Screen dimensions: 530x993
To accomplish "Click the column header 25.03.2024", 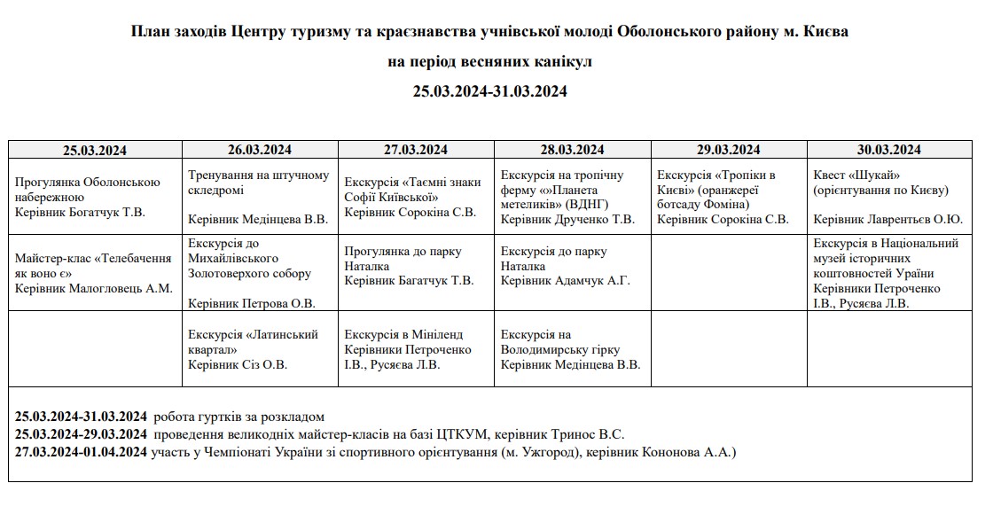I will pos(95,150).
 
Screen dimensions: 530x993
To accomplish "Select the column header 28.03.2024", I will pos(573,149).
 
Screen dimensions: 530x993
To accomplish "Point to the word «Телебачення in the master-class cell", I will pos(129,258).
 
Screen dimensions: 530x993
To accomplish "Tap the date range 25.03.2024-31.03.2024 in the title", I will pos(489,90).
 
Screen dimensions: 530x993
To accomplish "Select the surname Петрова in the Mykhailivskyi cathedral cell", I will pos(265,303).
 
